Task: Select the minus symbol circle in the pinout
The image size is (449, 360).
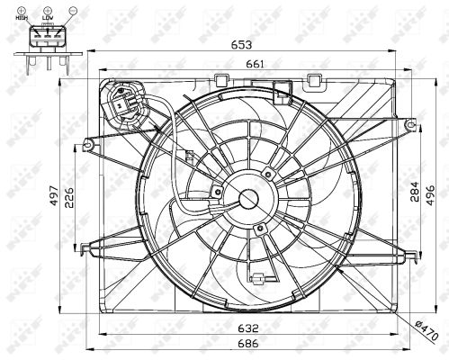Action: (63, 9)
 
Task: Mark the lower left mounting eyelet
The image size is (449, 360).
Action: (85, 246)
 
